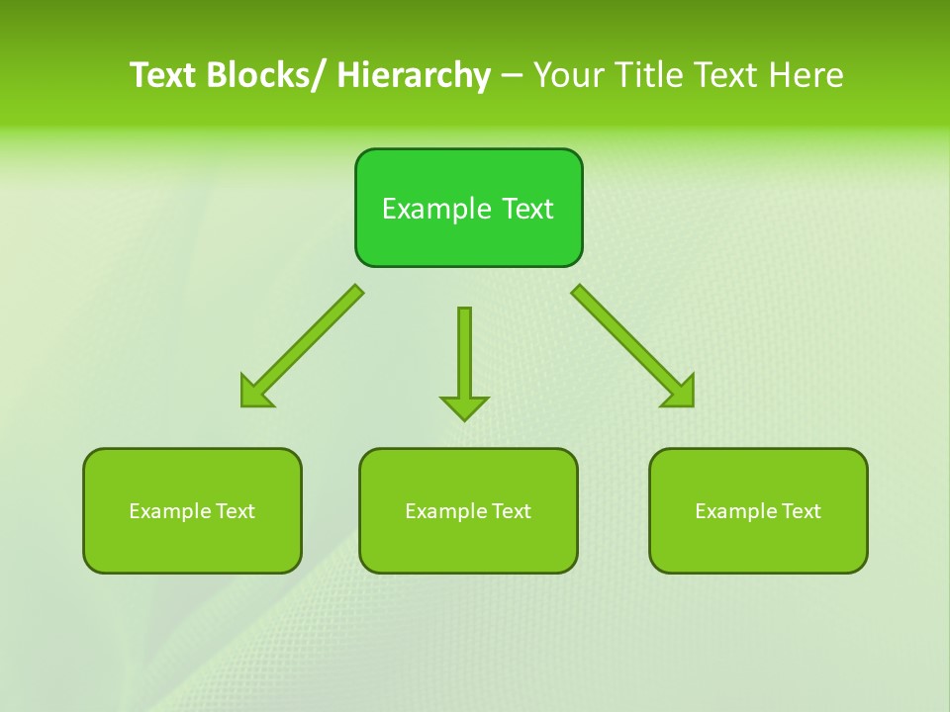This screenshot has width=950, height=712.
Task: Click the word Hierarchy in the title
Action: click(414, 75)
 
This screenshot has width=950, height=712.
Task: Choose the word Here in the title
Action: click(806, 75)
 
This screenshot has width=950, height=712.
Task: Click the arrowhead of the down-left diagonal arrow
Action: click(255, 393)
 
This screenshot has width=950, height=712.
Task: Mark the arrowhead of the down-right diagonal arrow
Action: click(680, 392)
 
